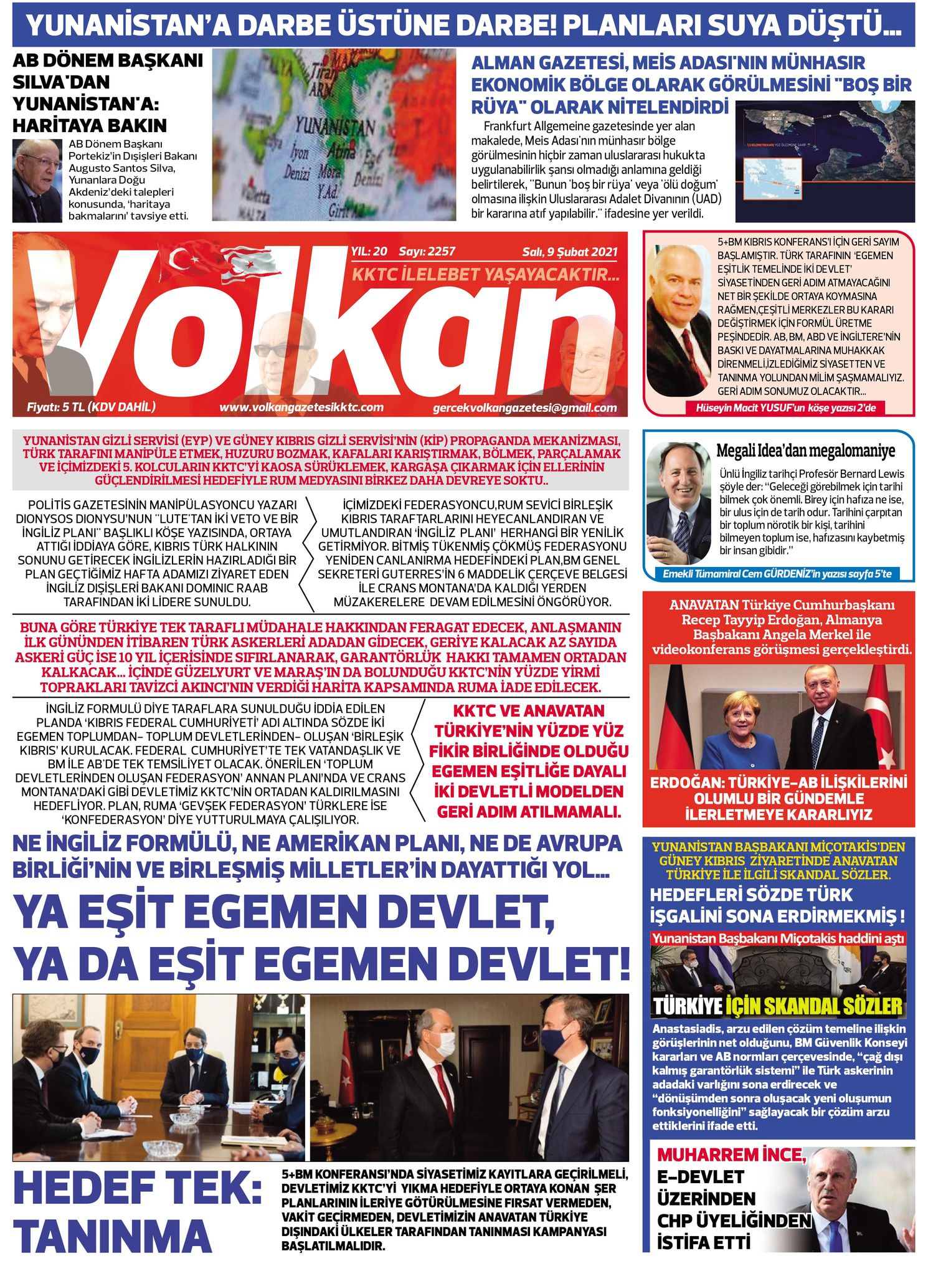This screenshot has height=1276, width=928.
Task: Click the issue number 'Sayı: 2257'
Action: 427,252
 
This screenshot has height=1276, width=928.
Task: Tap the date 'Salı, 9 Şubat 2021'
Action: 570,252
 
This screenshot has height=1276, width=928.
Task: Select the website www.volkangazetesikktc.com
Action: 301,407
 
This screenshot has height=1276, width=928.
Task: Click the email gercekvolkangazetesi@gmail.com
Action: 524,408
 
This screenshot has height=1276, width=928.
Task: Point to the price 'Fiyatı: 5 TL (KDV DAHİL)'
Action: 91,407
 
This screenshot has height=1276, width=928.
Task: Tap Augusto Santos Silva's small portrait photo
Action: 37,181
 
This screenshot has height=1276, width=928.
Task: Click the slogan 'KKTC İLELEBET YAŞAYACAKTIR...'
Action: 486,274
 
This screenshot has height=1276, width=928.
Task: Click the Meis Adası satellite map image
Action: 825,161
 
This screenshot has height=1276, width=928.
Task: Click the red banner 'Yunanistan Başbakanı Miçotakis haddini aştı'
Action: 778,938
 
